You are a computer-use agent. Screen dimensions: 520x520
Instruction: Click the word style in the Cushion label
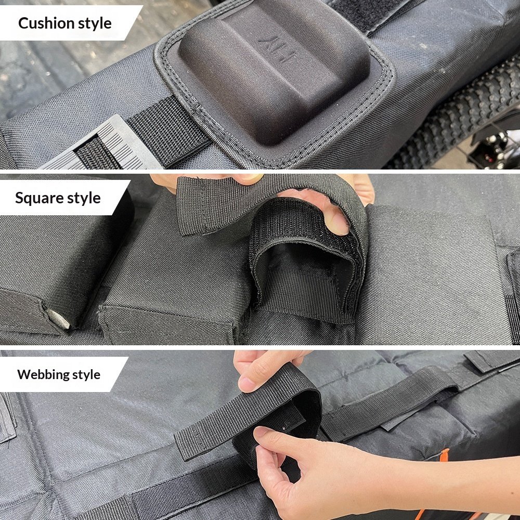[x=95, y=24]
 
